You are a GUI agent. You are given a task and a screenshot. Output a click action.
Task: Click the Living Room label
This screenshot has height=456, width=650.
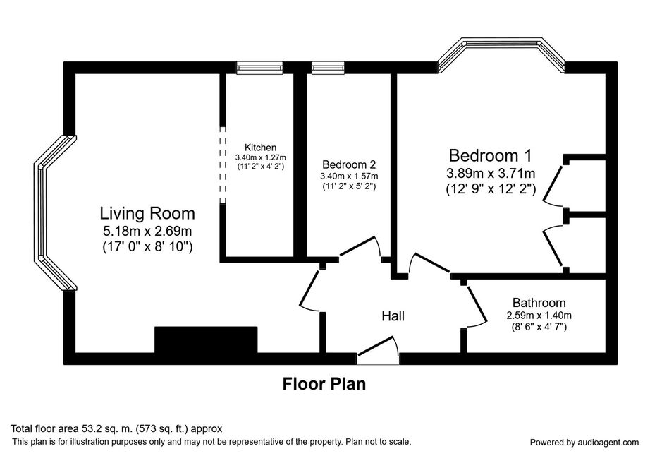click(x=147, y=213)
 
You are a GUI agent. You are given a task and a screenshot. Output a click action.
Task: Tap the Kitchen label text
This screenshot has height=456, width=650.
click(x=260, y=148)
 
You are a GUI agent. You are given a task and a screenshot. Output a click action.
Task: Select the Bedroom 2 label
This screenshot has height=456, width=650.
click(x=349, y=164)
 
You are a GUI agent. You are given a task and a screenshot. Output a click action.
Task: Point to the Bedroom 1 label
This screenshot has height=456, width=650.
click(x=490, y=155)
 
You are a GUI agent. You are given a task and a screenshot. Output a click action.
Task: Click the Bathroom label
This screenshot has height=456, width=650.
click(x=539, y=303)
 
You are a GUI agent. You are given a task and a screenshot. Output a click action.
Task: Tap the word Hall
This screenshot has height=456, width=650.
click(x=393, y=316)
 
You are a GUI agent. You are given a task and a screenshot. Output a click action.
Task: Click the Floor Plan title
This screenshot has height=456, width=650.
click(x=324, y=384)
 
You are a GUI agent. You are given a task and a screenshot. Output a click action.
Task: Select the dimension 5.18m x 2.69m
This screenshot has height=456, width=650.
click(x=147, y=231)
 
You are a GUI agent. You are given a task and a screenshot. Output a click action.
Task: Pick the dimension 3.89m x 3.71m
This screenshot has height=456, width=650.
click(x=491, y=173)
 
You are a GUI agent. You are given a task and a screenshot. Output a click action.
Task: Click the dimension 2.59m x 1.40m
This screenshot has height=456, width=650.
click(x=539, y=316)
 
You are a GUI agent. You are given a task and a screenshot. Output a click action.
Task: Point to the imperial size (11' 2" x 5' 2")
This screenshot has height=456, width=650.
click(x=349, y=186)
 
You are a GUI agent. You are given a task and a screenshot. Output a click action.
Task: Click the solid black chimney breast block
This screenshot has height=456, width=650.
click(x=206, y=340)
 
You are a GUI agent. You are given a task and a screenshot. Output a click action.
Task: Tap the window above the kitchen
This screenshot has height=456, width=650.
click(x=260, y=68)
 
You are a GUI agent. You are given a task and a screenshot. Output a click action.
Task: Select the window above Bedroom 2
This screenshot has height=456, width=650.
click(x=328, y=68)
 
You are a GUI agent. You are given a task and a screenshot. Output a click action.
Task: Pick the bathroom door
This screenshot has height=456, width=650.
click(x=475, y=304)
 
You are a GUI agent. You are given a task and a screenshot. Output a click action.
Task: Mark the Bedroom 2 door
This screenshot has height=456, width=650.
click(x=360, y=247)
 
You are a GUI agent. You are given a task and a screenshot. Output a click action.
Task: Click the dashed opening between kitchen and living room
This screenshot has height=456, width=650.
click(x=223, y=164)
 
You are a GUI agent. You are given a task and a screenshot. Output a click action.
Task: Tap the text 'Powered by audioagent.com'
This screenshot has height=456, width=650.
click(x=584, y=443)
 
